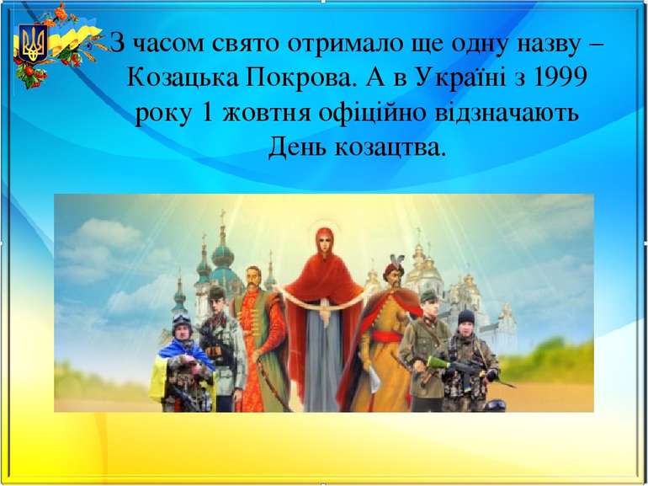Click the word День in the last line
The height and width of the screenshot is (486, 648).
pos(297,148)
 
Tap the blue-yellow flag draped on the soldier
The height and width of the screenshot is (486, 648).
pos(164,371)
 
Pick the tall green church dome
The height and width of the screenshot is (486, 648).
pos(221,253)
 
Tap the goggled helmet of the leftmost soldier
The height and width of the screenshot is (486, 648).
pos(181,324)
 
